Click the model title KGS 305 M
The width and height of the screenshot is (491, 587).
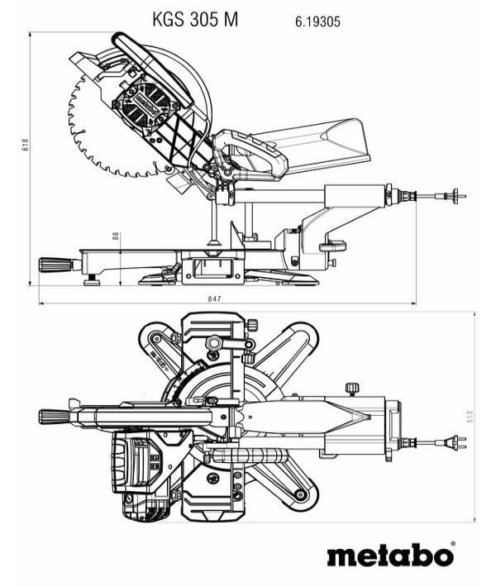(195, 20)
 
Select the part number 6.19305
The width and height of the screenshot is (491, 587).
(317, 21)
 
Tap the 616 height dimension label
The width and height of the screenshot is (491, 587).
(25, 145)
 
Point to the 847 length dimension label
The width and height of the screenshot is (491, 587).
(214, 298)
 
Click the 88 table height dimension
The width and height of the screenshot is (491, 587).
(116, 236)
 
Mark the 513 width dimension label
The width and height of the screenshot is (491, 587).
(470, 417)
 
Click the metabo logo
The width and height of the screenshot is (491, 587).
(390, 556)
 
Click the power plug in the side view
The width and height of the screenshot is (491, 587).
(455, 195)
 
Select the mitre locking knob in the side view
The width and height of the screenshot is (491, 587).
(55, 265)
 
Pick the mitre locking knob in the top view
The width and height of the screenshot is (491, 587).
(55, 417)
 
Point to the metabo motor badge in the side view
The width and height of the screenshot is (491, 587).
(145, 105)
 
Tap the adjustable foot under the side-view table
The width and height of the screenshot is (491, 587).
(91, 280)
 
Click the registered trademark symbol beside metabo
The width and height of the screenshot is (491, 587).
(453, 543)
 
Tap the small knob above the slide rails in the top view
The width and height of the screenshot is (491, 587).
(352, 388)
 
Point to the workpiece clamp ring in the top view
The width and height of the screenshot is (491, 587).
(214, 343)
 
